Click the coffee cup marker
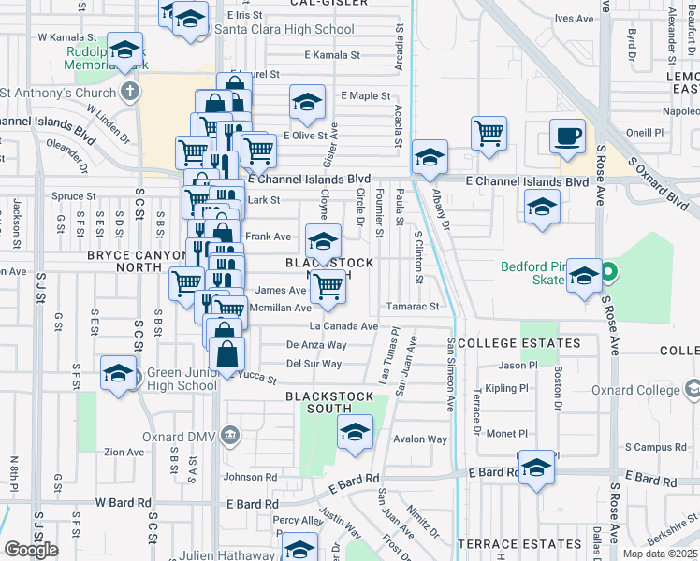coord(566,136)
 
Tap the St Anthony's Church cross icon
coord(129,92)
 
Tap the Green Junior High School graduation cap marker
coord(118,376)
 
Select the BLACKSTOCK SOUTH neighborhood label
coord(331,397)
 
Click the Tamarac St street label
coord(412,306)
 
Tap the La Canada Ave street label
coord(343,326)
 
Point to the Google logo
coord(31,550)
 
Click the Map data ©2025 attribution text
coord(661,554)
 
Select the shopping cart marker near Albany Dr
coord(489,135)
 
